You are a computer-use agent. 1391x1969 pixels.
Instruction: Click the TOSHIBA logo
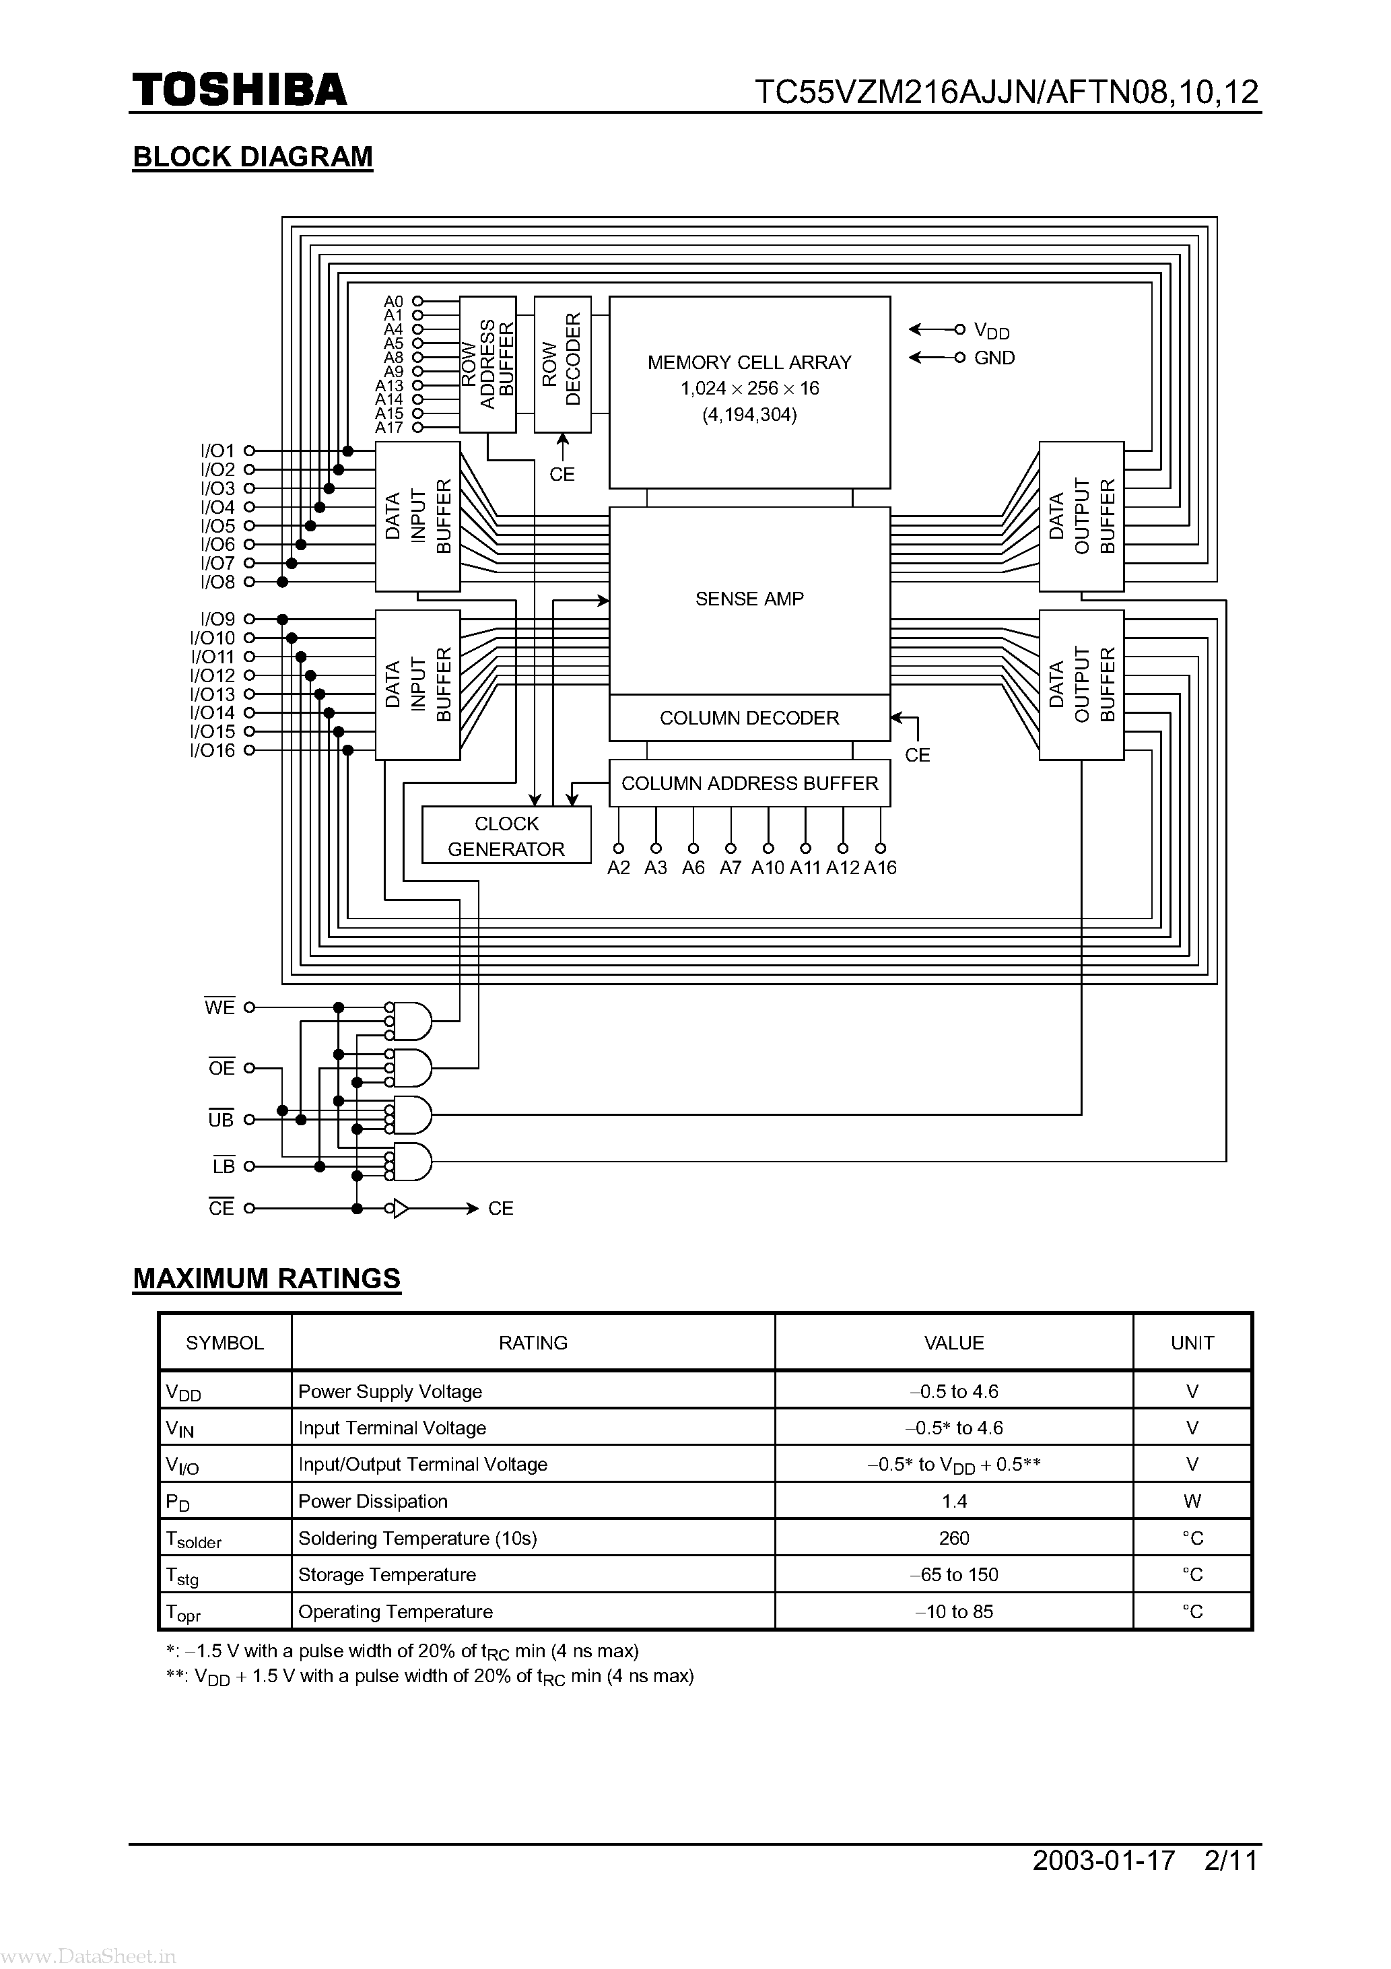(x=239, y=90)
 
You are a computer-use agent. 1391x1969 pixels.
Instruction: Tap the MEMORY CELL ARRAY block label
(x=749, y=363)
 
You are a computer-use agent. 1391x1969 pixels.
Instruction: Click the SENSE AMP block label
(x=749, y=599)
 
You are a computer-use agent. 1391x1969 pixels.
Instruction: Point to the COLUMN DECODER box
(x=749, y=718)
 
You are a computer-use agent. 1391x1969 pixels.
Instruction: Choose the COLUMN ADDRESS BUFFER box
(x=749, y=783)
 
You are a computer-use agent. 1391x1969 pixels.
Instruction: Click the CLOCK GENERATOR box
(x=506, y=835)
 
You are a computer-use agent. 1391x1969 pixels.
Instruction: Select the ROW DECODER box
(x=562, y=364)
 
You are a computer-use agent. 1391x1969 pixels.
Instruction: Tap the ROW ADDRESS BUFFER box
(x=487, y=364)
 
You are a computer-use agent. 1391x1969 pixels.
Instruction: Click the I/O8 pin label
(x=217, y=582)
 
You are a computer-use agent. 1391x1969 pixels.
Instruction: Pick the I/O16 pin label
(x=212, y=750)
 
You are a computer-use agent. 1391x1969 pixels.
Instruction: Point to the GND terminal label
(x=994, y=358)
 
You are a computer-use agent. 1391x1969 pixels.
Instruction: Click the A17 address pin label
(x=388, y=427)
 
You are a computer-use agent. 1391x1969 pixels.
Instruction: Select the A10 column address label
(x=768, y=868)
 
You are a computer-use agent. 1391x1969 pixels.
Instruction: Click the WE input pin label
(x=219, y=1007)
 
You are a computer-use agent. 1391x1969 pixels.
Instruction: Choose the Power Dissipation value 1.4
(x=953, y=1501)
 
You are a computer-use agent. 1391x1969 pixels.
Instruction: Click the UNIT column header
(x=1191, y=1343)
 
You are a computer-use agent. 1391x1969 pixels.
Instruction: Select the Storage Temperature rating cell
(x=386, y=1574)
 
